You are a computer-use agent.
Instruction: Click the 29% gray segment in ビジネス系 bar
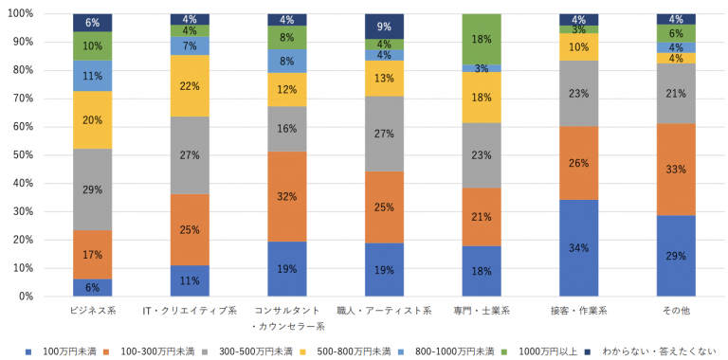(x=93, y=189)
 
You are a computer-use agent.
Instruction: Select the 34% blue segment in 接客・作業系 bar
(x=578, y=248)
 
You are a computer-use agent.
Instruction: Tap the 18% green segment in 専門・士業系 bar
(x=481, y=39)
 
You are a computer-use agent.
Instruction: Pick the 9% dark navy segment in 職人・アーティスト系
(x=384, y=27)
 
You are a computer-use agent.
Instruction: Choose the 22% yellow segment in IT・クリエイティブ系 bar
(x=190, y=86)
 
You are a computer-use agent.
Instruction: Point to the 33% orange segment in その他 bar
(x=675, y=170)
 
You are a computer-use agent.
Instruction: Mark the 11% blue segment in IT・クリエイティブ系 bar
(x=190, y=280)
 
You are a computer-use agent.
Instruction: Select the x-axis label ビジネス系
(x=93, y=311)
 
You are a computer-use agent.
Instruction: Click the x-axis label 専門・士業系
(x=481, y=311)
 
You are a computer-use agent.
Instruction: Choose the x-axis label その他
(x=675, y=311)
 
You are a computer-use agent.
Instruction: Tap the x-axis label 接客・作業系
(x=578, y=311)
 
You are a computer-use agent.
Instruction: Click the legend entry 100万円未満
(x=66, y=351)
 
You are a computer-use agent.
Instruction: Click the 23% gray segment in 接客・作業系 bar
(x=578, y=94)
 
